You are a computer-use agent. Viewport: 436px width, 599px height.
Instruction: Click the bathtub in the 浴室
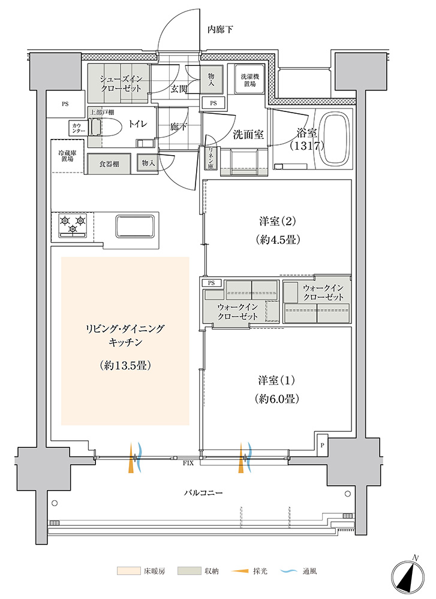click(x=336, y=142)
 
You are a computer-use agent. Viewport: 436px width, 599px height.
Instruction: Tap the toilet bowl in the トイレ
click(x=102, y=127)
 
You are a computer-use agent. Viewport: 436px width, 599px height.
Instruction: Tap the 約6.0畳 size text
click(x=276, y=398)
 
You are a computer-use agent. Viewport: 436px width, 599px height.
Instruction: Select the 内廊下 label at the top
click(x=221, y=29)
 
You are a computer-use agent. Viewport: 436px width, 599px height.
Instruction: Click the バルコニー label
click(x=203, y=492)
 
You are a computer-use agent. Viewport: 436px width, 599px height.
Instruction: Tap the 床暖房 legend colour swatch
click(x=128, y=571)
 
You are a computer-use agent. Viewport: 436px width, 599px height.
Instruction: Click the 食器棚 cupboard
click(x=109, y=164)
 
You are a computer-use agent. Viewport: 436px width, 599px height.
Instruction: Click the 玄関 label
click(x=178, y=89)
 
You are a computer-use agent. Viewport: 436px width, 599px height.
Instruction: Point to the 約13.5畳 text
click(x=125, y=365)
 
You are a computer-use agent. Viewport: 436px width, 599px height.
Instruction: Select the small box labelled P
click(x=323, y=444)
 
